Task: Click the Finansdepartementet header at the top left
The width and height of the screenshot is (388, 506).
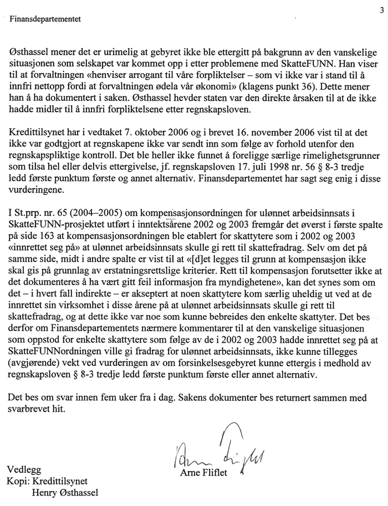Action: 45,19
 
